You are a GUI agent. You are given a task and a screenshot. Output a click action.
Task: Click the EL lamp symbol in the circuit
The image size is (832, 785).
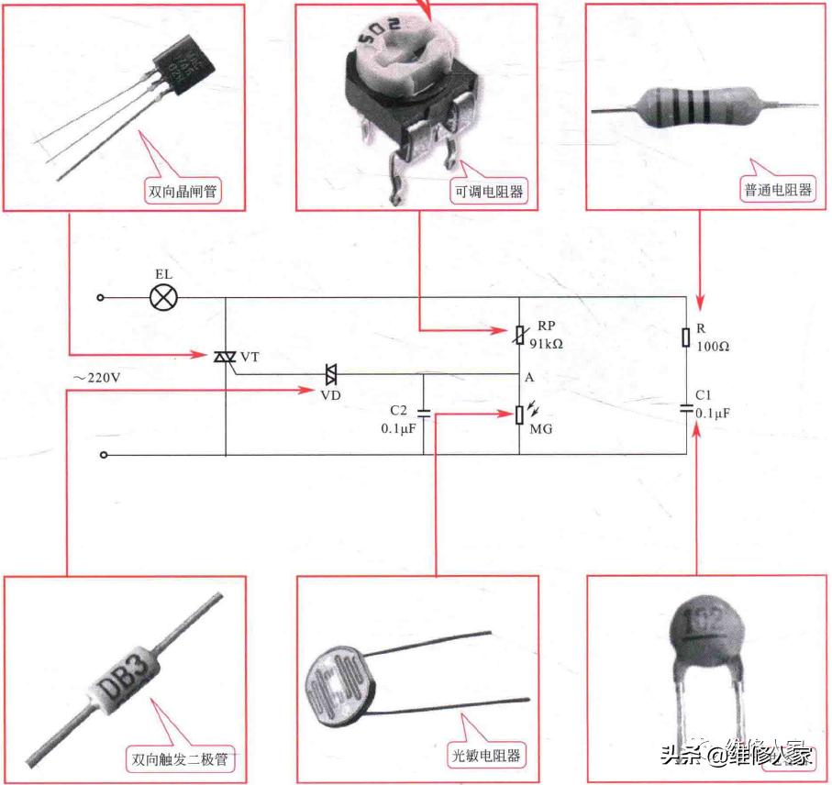tap(163, 297)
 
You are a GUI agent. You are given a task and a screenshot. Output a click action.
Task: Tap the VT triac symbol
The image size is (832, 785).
tap(225, 355)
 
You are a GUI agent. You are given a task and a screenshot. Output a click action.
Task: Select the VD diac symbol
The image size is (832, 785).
tap(330, 373)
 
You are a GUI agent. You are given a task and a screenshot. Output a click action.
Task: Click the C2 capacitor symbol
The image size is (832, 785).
tap(423, 412)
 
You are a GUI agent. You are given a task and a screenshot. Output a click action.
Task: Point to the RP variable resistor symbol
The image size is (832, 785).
tap(518, 336)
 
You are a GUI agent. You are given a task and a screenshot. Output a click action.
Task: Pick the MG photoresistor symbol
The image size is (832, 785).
tap(519, 415)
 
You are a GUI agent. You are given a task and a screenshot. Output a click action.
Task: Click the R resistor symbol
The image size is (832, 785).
tap(686, 337)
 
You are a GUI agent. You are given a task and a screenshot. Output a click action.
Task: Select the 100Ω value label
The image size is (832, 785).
tap(712, 347)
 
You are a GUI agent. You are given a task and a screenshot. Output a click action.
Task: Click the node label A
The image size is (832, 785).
tap(530, 378)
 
